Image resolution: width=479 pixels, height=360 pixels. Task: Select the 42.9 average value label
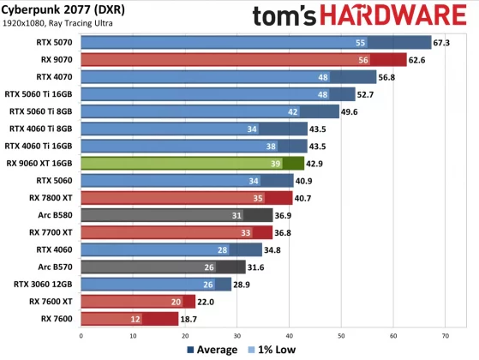tap(316, 163)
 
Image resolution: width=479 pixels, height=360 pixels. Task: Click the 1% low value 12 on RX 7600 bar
tap(135, 318)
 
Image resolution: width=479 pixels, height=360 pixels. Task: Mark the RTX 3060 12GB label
tap(48, 283)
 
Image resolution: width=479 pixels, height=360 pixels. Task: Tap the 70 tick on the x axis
tap(446, 335)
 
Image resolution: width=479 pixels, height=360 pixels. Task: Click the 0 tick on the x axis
tap(81, 335)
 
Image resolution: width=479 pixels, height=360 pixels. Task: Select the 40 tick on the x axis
tap(289, 335)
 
